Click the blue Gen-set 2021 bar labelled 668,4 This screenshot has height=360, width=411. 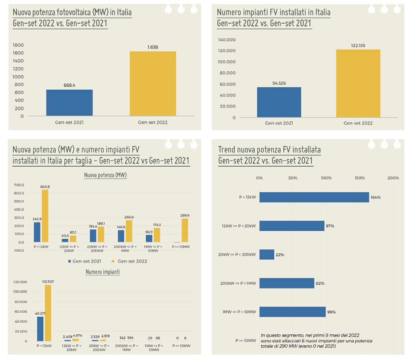[x=69, y=103]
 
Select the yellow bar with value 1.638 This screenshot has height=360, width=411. [x=153, y=83]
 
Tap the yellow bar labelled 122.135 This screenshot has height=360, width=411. [x=358, y=83]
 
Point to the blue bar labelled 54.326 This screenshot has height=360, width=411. [x=279, y=102]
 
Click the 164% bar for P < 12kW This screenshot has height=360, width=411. [x=314, y=197]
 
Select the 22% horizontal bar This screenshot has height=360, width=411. [x=267, y=254]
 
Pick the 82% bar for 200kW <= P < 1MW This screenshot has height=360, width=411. [x=287, y=283]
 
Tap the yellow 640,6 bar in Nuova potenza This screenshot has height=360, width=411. [x=45, y=216]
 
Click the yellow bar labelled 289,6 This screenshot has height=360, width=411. [x=185, y=230]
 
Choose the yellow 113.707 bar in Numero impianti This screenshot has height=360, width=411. [x=48, y=313]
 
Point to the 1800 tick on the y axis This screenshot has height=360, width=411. [x=18, y=45]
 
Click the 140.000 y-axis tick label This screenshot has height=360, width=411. [x=227, y=40]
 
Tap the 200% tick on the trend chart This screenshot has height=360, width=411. [x=393, y=178]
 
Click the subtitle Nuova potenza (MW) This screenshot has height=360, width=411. [x=105, y=175]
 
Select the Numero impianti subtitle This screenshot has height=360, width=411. [x=102, y=272]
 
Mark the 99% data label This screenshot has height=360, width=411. [x=331, y=312]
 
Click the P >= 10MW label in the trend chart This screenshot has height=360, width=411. [x=245, y=340]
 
